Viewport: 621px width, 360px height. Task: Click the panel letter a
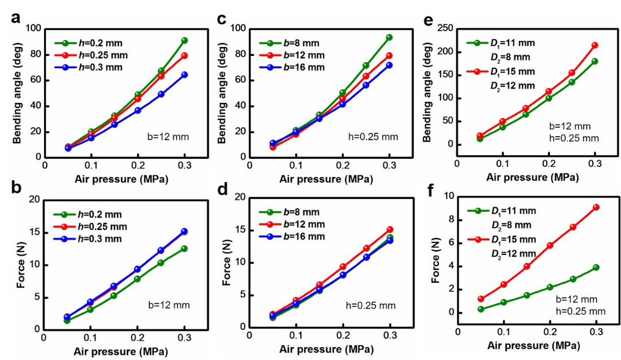tap(17, 17)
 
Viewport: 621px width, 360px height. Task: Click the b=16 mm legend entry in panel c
tap(292, 67)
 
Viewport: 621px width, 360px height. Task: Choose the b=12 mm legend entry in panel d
tap(292, 224)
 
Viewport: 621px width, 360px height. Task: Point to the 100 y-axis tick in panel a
tap(34, 28)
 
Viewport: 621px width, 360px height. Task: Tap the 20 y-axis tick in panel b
tap(33, 199)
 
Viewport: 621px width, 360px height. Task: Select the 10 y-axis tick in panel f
tap(450, 196)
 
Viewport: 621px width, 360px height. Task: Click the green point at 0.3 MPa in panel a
tap(184, 41)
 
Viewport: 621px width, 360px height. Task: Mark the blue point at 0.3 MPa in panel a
tap(184, 75)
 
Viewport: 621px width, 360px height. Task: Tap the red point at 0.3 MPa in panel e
tap(594, 45)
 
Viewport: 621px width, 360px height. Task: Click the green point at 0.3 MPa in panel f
tap(596, 267)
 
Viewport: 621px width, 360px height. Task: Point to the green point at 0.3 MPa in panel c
tap(389, 37)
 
